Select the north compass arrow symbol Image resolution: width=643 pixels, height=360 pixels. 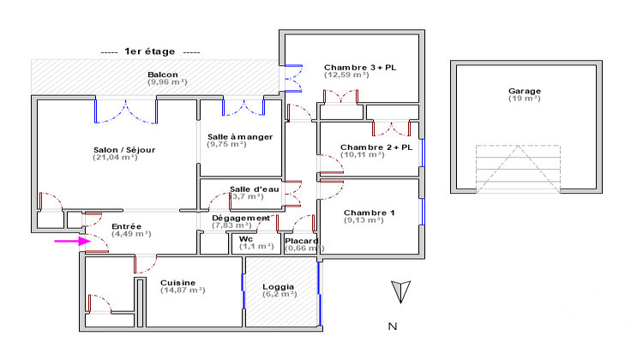[395, 292]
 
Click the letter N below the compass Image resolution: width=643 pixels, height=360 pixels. [392, 326]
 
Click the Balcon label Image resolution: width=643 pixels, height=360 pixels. [163, 75]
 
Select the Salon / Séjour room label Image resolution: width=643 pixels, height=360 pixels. [124, 149]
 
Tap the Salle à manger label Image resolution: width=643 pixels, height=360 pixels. [240, 137]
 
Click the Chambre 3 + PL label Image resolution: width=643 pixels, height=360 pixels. [360, 67]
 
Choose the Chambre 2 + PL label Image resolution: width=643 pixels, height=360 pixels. [376, 147]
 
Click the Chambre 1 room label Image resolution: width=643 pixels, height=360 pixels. [369, 213]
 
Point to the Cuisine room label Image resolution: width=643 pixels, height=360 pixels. [177, 282]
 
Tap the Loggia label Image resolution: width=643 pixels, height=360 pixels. [279, 286]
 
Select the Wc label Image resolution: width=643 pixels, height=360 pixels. [246, 238]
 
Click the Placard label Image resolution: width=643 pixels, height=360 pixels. [302, 241]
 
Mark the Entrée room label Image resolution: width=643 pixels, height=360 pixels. [127, 226]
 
